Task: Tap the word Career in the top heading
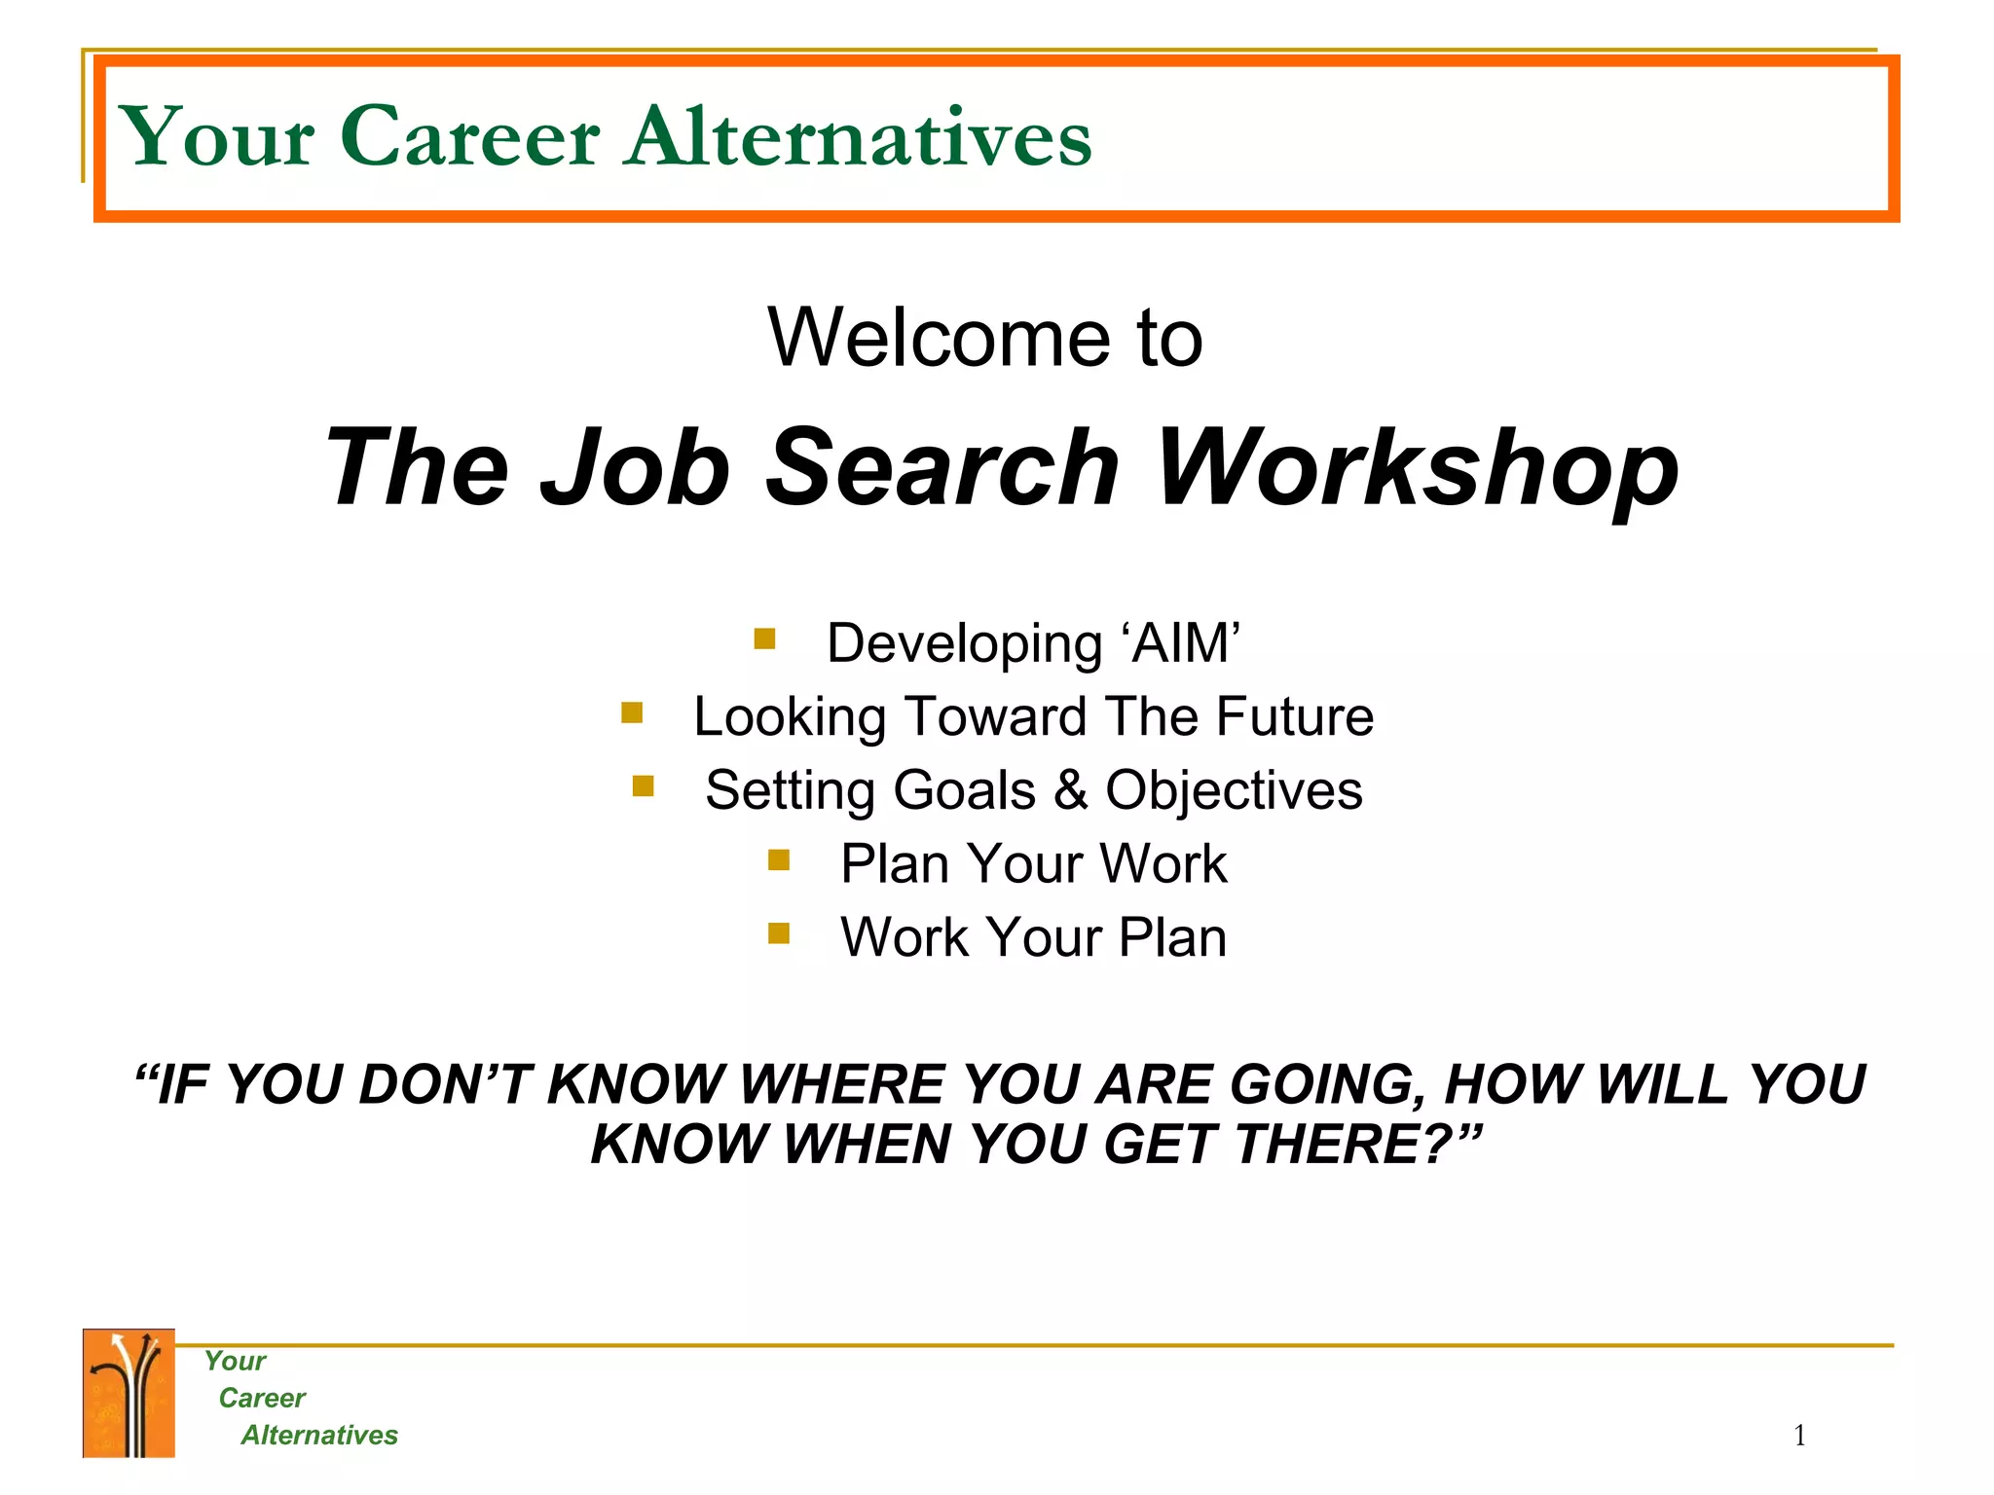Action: tap(470, 138)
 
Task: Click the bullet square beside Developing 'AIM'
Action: tap(764, 639)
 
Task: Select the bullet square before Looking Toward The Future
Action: tap(632, 713)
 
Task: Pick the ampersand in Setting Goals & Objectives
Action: tap(1070, 789)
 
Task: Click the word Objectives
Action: tap(1234, 791)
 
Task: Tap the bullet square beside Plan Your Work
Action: tap(778, 860)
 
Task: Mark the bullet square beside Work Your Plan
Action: tap(778, 934)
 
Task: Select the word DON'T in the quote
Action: tap(444, 1084)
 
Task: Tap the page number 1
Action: tap(1799, 1436)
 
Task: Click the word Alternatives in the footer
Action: tap(319, 1436)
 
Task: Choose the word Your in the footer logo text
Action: tap(235, 1362)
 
